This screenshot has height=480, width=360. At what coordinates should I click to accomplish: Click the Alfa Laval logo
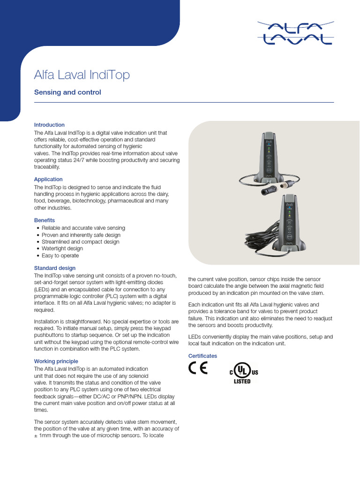click(x=295, y=33)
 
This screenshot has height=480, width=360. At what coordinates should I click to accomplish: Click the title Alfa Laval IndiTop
click(x=82, y=75)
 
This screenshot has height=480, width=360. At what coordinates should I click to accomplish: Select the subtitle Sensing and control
click(x=67, y=92)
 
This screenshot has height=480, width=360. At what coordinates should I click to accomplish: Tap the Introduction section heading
click(x=49, y=125)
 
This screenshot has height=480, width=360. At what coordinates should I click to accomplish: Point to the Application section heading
click(x=48, y=179)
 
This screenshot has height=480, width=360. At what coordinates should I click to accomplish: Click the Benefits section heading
click(x=45, y=220)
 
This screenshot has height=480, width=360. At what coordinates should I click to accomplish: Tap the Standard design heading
click(x=55, y=268)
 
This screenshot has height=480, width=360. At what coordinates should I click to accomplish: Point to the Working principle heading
click(x=56, y=361)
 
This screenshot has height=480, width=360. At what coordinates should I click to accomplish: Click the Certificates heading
click(x=202, y=356)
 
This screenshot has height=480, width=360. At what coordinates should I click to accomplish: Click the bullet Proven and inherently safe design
click(x=81, y=235)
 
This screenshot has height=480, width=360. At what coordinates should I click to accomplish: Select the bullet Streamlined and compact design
click(x=80, y=242)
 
